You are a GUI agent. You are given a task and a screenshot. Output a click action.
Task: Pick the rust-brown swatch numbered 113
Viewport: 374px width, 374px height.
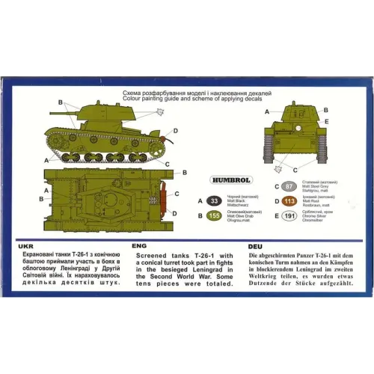[289, 200]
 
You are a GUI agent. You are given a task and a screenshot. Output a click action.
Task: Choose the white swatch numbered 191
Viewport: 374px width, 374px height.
[289, 217]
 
